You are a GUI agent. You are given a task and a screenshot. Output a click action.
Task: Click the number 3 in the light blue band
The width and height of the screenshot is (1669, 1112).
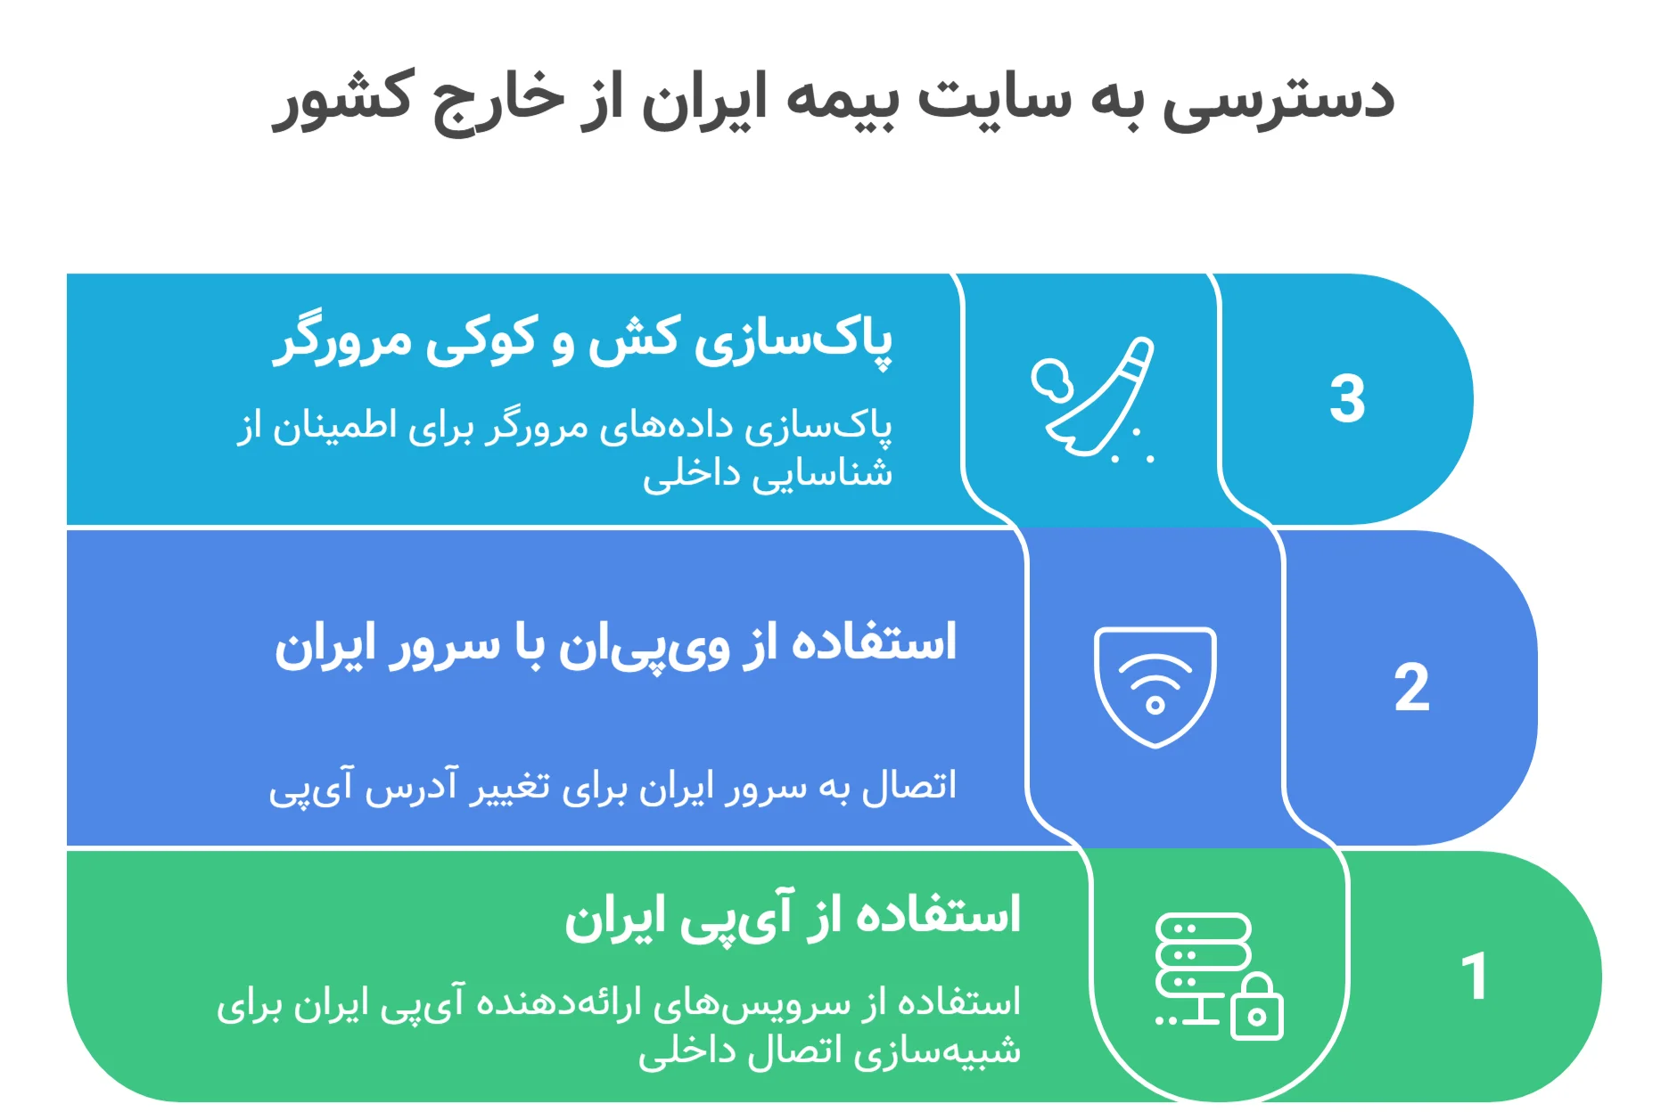click(x=1346, y=398)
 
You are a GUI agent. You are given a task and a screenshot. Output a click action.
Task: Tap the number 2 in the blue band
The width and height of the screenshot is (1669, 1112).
click(x=1411, y=688)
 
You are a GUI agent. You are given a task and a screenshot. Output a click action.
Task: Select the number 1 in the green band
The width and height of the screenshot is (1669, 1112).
click(x=1475, y=977)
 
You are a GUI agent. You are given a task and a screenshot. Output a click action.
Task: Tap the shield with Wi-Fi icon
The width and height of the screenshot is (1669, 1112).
click(x=1155, y=686)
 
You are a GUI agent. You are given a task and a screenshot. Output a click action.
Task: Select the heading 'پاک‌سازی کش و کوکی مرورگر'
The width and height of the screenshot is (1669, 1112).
click(x=583, y=340)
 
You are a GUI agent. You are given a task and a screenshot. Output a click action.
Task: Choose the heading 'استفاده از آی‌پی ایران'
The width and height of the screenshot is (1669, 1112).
click(x=792, y=918)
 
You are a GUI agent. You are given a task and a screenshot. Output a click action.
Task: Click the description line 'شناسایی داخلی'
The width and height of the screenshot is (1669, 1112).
click(x=767, y=473)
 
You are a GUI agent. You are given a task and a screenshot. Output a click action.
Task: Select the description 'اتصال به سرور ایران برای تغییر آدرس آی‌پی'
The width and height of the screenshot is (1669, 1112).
click(x=613, y=787)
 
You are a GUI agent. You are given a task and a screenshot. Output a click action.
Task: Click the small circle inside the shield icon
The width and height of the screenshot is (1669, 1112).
click(x=1155, y=706)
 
